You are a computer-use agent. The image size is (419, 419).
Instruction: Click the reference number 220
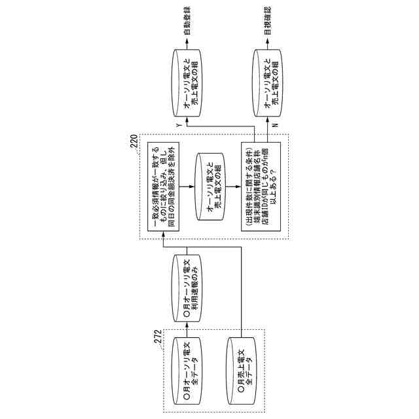click(134, 141)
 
